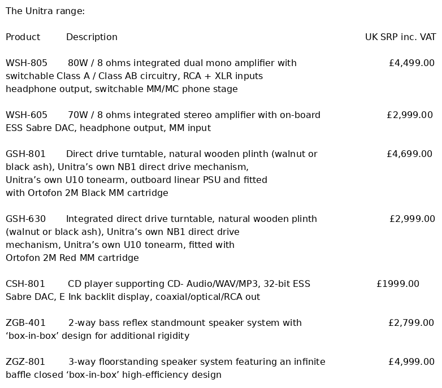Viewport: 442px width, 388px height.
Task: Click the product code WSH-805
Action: (x=27, y=63)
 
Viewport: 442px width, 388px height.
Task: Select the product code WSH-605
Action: (x=27, y=115)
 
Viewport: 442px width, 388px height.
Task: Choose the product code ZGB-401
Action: (x=26, y=322)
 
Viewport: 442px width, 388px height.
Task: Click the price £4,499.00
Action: (x=411, y=63)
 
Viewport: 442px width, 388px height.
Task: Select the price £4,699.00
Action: (x=409, y=154)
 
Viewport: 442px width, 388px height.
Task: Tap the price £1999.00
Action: (x=398, y=284)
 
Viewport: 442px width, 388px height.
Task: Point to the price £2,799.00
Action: (x=411, y=322)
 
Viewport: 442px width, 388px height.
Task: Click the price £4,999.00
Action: (x=411, y=361)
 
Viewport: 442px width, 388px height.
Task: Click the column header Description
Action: (x=92, y=37)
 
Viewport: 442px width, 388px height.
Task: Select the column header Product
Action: (x=23, y=37)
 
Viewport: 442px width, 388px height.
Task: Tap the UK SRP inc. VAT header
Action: (x=400, y=37)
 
